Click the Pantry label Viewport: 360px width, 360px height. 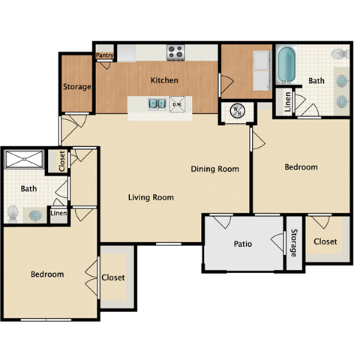[104, 55]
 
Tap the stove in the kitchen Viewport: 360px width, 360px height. [175, 52]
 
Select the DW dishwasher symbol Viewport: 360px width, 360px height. [178, 104]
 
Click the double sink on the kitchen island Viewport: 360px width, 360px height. [157, 104]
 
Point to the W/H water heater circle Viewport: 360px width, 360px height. [234, 109]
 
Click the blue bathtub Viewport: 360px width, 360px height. [286, 65]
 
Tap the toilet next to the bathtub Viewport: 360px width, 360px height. [339, 53]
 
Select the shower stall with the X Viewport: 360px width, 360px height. [25, 160]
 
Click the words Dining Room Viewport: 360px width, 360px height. [214, 169]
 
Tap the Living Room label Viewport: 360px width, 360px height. [151, 198]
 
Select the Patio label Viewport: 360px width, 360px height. [242, 244]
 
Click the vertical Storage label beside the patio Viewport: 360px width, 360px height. [294, 243]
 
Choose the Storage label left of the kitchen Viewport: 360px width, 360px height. [76, 86]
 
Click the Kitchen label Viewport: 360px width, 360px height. [164, 79]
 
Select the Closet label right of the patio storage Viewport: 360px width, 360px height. [325, 241]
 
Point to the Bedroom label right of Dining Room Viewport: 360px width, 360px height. [301, 167]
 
